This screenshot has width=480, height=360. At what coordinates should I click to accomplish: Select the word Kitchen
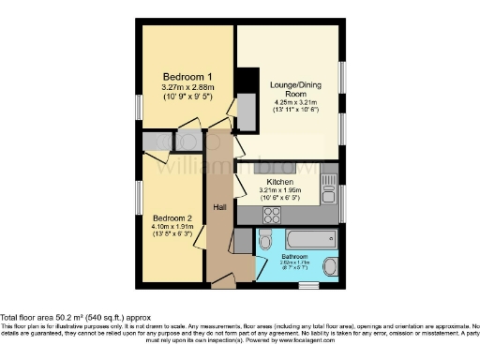[x=280, y=182]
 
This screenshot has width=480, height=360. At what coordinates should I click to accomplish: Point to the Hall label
[x=219, y=206]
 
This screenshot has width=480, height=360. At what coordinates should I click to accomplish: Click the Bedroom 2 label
[x=172, y=217]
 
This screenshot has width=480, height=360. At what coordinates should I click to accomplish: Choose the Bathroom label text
[x=295, y=256]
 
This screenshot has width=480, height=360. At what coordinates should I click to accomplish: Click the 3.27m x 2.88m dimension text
[x=187, y=88]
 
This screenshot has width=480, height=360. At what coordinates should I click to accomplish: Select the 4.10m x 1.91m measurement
[x=172, y=227]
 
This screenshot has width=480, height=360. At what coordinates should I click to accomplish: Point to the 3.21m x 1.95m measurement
[x=280, y=191]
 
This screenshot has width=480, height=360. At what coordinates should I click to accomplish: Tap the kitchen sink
[x=329, y=190]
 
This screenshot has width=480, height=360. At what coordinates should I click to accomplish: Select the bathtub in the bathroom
[x=312, y=238]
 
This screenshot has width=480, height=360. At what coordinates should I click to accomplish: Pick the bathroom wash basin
[x=331, y=268]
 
